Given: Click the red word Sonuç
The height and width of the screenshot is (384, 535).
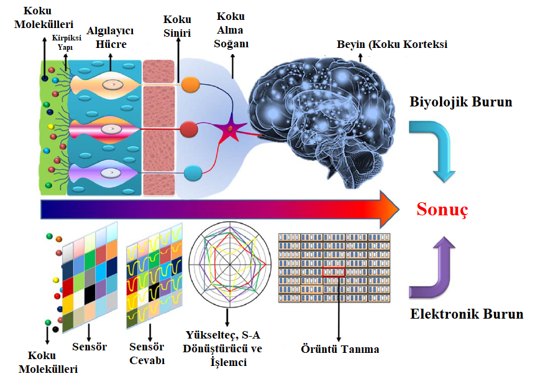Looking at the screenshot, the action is pyautogui.click(x=442, y=209).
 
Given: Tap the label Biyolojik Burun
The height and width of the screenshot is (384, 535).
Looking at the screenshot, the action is pyautogui.click(x=461, y=102).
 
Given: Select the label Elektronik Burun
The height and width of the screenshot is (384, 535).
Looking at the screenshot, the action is pyautogui.click(x=467, y=314).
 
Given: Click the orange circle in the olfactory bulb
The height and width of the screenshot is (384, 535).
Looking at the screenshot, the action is pyautogui.click(x=190, y=85).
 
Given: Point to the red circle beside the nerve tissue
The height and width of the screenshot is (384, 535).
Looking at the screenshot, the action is pyautogui.click(x=189, y=129).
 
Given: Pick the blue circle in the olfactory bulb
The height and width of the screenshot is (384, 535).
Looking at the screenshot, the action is pyautogui.click(x=193, y=173).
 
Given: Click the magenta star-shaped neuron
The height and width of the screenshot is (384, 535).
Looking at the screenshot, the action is pyautogui.click(x=231, y=129).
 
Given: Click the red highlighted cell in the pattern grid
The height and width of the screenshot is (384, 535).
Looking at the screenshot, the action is pyautogui.click(x=334, y=272).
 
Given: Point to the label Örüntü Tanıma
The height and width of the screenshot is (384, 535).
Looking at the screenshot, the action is pyautogui.click(x=340, y=349).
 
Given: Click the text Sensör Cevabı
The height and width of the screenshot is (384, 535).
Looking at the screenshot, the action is pyautogui.click(x=147, y=354).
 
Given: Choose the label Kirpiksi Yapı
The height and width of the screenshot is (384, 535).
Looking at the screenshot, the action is pyautogui.click(x=66, y=42).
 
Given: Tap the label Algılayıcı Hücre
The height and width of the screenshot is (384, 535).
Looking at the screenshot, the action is pyautogui.click(x=110, y=37).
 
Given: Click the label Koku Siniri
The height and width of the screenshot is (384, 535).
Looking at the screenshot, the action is pyautogui.click(x=177, y=26).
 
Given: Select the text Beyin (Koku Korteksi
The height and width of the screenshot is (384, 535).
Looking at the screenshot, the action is pyautogui.click(x=392, y=44).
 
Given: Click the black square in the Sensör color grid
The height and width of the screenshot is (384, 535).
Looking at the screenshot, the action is pyautogui.click(x=89, y=294).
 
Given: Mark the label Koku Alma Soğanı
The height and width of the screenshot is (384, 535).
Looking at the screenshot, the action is pyautogui.click(x=231, y=30).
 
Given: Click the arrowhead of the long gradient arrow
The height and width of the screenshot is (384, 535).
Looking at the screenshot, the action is pyautogui.click(x=390, y=209).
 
